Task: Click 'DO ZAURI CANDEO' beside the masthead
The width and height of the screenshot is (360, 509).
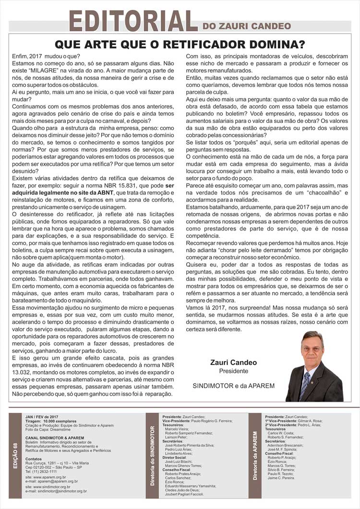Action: click(247, 26)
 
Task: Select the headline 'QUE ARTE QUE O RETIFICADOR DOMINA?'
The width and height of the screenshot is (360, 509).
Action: click(180, 45)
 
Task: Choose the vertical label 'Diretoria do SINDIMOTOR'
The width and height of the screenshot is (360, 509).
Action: click(153, 455)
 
